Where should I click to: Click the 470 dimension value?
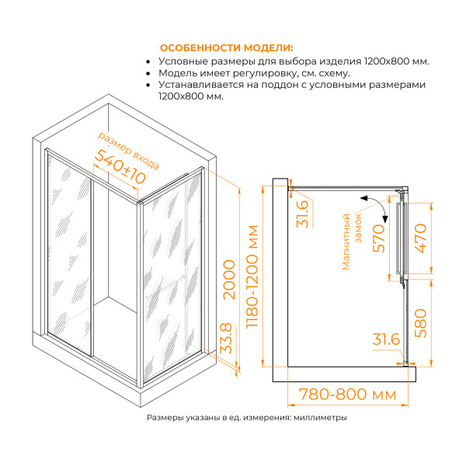(420, 241)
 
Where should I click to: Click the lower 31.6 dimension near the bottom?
(386, 339)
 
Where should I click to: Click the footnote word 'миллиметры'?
(320, 418)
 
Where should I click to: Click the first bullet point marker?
(148, 61)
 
